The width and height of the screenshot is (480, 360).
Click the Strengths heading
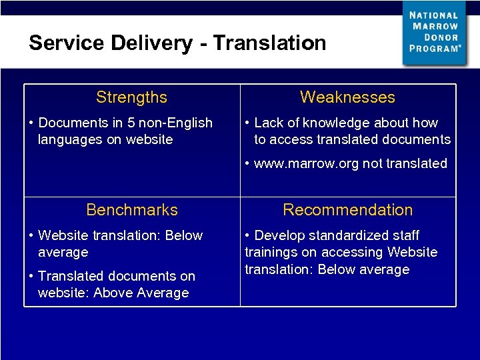tap(131, 97)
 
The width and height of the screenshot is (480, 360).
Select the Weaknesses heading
tap(347, 97)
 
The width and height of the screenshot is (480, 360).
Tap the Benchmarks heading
tap(132, 210)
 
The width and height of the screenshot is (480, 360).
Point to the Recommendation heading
tap(347, 210)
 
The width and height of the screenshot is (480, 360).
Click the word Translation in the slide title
tap(269, 43)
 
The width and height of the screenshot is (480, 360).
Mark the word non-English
tap(177, 123)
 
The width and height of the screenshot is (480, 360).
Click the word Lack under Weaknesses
tap(269, 123)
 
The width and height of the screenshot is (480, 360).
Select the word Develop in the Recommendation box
tap(280, 235)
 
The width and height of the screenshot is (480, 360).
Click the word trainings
tap(272, 252)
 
